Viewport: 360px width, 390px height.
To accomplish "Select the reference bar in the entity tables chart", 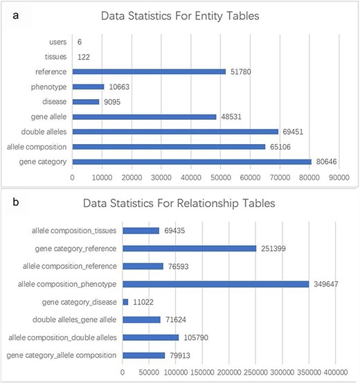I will (148, 71).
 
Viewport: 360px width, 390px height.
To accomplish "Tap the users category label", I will (57, 42).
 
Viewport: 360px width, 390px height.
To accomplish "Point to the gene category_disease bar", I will (125, 301).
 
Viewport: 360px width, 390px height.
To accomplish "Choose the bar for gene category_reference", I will (189, 248).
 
